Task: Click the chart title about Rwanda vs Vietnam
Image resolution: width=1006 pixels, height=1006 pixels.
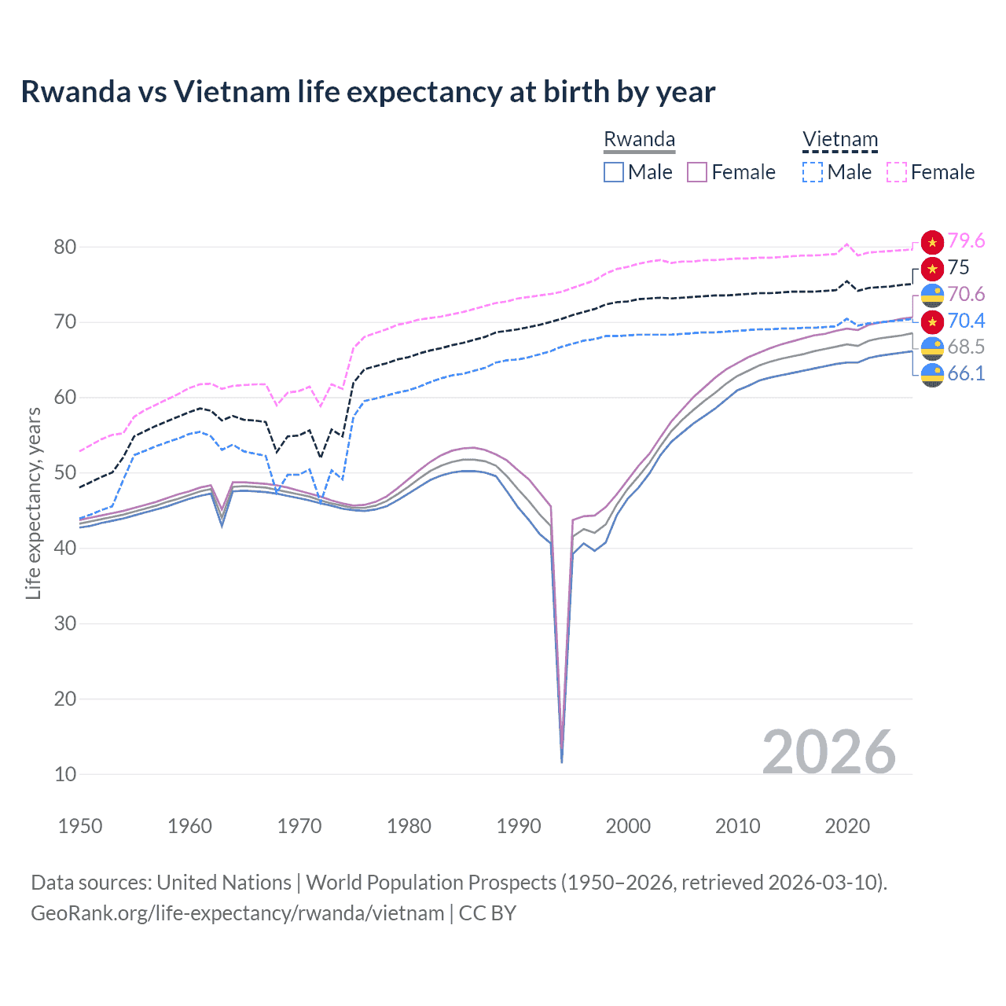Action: point(368,92)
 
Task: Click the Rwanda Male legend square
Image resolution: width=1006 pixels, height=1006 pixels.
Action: point(614,172)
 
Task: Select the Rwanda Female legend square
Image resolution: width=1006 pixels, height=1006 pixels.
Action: point(697,172)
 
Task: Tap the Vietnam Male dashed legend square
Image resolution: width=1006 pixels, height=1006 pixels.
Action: point(813,172)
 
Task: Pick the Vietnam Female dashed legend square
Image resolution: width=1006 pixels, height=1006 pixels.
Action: point(897,172)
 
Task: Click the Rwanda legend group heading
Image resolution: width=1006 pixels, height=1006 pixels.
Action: point(639,140)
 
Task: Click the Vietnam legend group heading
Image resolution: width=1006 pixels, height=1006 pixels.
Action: point(839,140)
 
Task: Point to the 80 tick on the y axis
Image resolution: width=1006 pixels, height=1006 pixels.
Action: point(65,247)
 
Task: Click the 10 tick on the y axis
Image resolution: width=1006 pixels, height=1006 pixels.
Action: point(65,774)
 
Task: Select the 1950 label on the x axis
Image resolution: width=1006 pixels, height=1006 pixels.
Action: point(80,826)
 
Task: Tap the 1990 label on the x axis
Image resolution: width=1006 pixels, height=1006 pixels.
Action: point(519,826)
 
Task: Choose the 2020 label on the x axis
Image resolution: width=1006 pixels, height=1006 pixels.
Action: point(847,826)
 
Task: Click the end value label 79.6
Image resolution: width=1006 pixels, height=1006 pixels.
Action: point(966,240)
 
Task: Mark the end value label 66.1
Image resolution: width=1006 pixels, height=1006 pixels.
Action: point(966,373)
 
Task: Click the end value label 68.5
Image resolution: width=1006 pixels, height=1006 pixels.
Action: point(966,347)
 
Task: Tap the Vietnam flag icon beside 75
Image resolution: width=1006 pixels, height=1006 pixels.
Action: point(932,269)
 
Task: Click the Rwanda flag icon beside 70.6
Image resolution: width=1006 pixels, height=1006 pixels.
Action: point(932,295)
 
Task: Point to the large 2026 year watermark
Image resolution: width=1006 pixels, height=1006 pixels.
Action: point(829,752)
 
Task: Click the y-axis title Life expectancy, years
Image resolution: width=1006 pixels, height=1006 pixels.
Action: point(33,503)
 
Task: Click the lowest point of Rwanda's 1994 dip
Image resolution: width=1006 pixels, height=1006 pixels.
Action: point(561,762)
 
